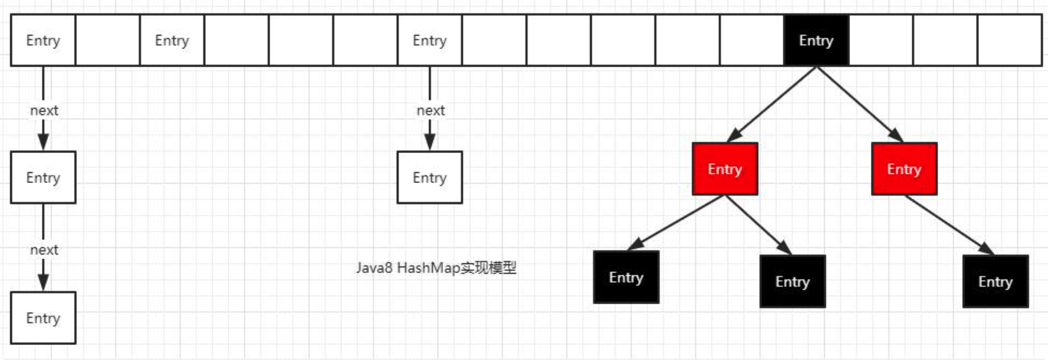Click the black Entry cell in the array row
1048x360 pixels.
tap(816, 40)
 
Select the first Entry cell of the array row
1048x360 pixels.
tap(43, 40)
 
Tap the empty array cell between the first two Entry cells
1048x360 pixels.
tap(107, 40)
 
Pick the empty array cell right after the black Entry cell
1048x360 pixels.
tap(881, 40)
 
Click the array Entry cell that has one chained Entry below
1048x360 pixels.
tap(430, 40)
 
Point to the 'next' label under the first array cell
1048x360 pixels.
tap(44, 110)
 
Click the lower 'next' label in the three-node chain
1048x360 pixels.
tap(44, 250)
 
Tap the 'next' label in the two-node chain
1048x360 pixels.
tap(430, 110)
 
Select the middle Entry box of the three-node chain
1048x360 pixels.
tap(43, 178)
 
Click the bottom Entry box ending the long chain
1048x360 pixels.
tap(43, 318)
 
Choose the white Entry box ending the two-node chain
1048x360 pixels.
tap(430, 178)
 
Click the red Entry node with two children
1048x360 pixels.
tap(725, 169)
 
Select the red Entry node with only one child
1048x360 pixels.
tap(904, 169)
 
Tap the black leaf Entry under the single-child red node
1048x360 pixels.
tap(995, 281)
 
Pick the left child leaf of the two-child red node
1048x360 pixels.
tap(626, 277)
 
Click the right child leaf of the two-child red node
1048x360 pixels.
tap(792, 281)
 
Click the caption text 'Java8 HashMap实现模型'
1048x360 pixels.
tap(436, 268)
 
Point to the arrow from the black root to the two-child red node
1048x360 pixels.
tap(772, 104)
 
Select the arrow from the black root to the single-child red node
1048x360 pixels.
tap(860, 104)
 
